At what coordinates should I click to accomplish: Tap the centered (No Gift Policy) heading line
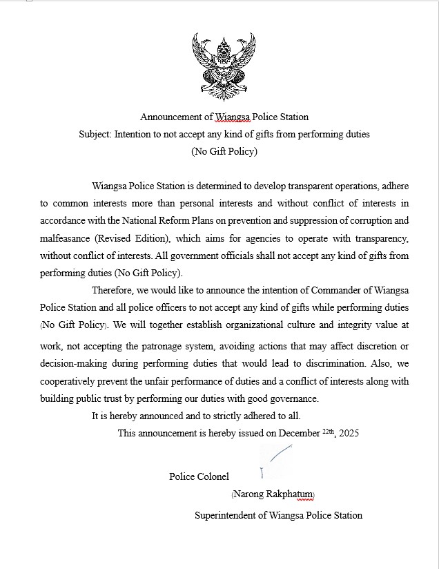(224, 151)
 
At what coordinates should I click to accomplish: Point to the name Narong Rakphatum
(273, 494)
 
